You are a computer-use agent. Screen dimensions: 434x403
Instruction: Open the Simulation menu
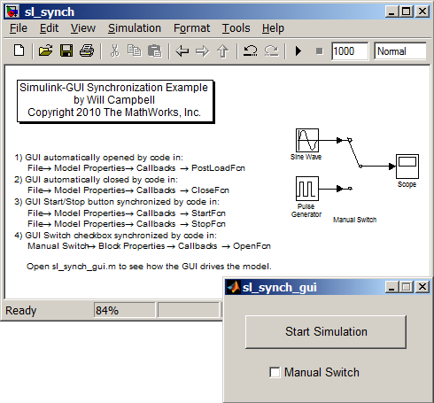tap(135, 28)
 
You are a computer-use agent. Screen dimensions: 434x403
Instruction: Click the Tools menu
tap(236, 28)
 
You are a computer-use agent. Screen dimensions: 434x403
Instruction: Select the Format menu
tap(191, 28)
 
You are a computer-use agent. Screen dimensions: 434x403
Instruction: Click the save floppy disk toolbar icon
tap(66, 50)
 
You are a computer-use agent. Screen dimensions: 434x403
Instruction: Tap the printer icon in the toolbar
tap(87, 50)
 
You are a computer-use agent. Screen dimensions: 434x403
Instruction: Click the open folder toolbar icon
tap(46, 50)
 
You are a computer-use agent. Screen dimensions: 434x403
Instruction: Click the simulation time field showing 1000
tap(350, 51)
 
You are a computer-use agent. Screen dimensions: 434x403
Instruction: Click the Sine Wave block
tap(307, 140)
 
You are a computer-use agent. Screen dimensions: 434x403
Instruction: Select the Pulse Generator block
tap(307, 189)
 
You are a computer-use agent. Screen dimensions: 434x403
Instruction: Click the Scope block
tap(407, 167)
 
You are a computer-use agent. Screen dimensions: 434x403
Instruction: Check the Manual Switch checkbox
tap(275, 372)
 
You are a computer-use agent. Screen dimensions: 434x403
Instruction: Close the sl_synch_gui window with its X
tap(422, 287)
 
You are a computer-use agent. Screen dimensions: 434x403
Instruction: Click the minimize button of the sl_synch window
tap(391, 12)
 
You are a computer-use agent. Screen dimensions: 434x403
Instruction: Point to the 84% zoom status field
tap(124, 310)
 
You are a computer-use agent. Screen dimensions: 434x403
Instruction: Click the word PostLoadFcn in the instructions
tap(218, 168)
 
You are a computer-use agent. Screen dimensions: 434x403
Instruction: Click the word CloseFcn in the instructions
tap(210, 190)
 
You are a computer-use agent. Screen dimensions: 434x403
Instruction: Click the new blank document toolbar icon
tap(19, 50)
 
